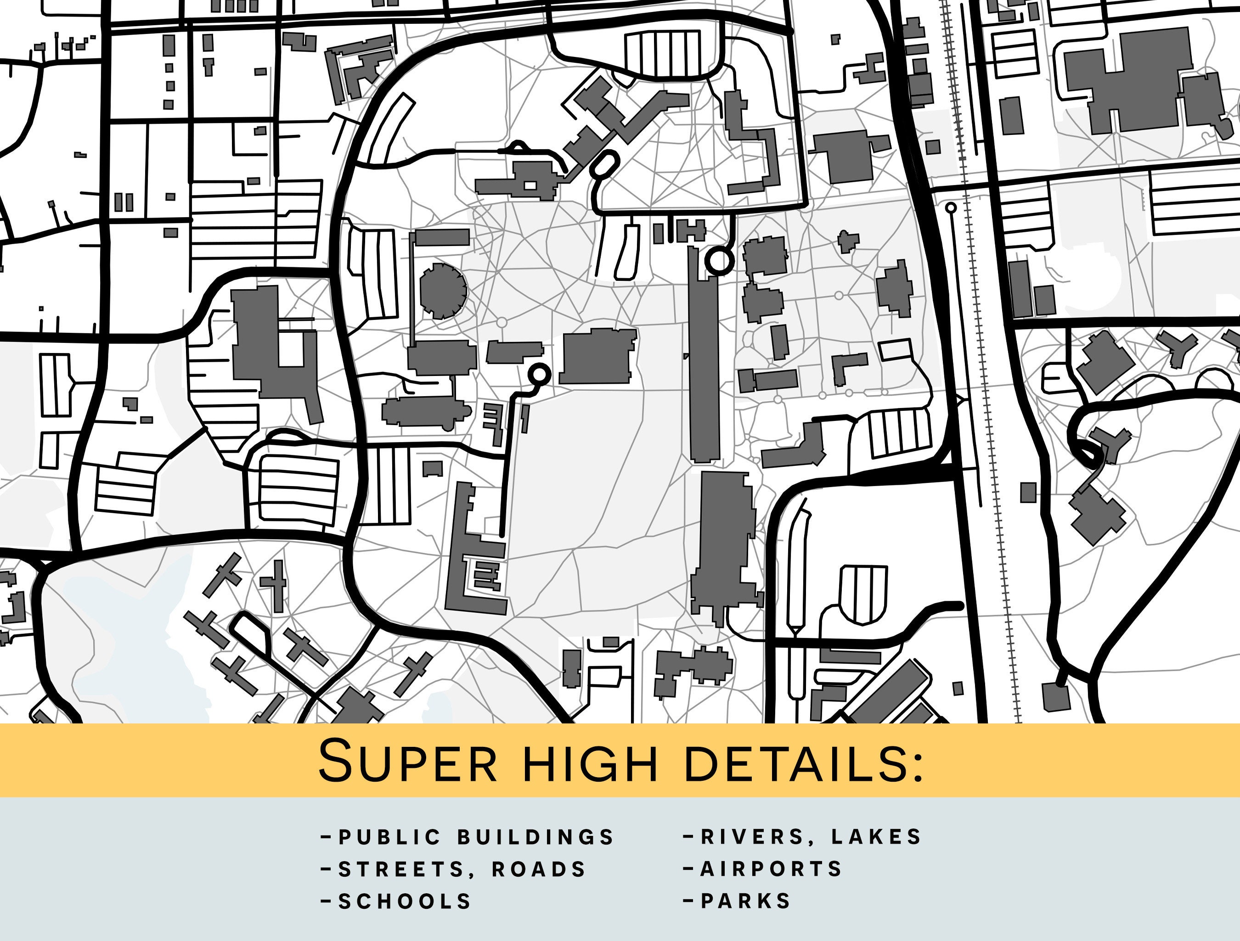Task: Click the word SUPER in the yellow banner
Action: [407, 761]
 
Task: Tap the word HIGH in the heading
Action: [590, 762]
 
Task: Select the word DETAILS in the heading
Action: [795, 762]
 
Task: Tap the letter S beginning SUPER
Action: [338, 761]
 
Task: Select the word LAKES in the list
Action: [877, 837]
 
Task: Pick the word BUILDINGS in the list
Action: [536, 837]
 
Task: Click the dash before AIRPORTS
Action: [689, 869]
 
